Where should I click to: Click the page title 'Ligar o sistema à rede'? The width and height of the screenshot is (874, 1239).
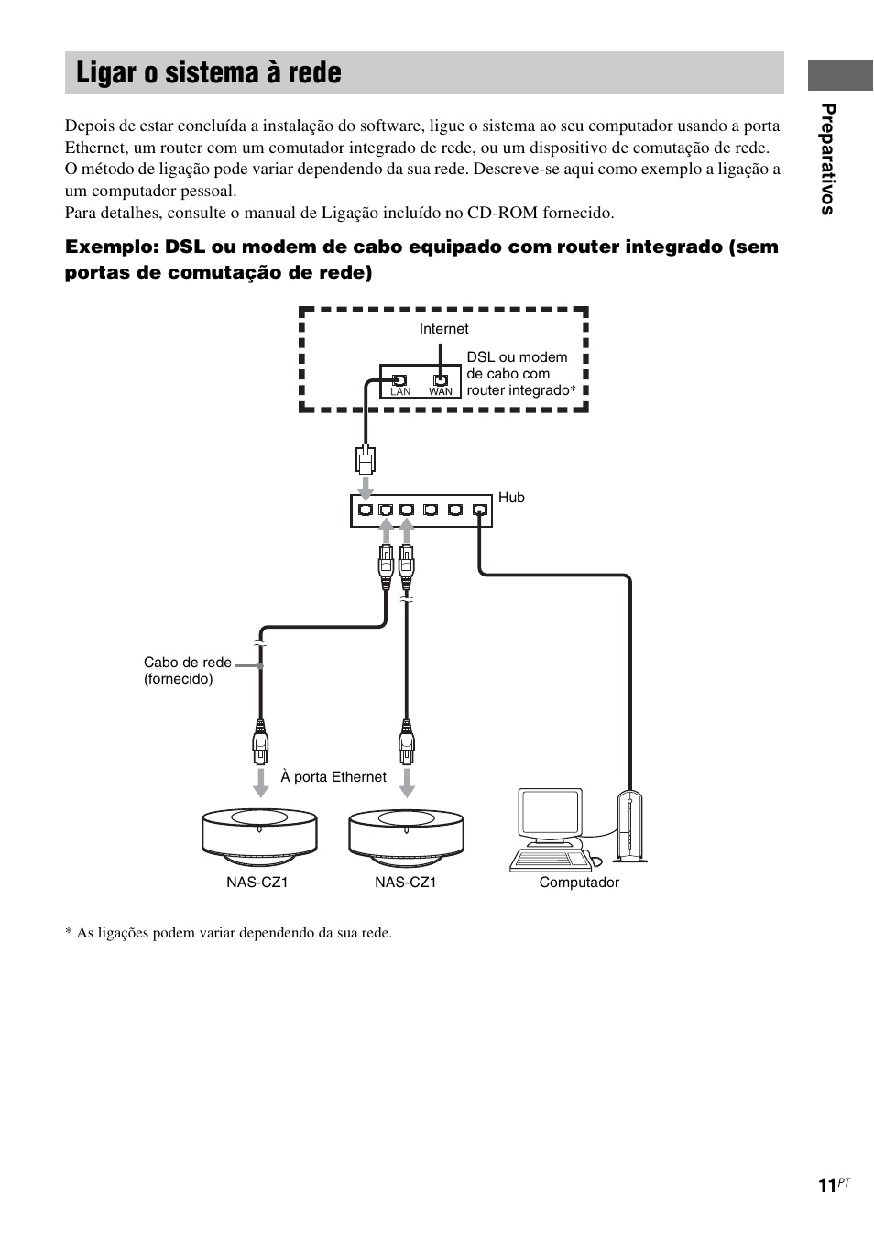tap(209, 73)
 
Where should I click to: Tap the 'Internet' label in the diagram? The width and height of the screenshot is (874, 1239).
tap(443, 329)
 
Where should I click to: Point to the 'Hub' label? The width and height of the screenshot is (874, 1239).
tap(511, 498)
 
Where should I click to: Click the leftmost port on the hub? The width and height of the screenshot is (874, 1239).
tap(366, 510)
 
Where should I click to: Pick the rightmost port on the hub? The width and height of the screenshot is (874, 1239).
tap(479, 510)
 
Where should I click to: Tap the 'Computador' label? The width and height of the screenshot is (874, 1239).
tap(579, 883)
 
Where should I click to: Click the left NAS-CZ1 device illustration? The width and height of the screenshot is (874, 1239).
tap(260, 834)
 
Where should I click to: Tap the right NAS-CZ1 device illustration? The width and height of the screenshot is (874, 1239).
tap(406, 834)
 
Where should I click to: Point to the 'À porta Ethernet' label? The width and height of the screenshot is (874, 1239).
tap(333, 777)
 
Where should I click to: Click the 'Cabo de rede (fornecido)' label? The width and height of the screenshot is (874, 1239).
tap(187, 671)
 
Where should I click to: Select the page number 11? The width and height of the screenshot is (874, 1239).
tap(827, 1186)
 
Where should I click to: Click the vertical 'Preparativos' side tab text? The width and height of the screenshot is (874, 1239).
tap(828, 160)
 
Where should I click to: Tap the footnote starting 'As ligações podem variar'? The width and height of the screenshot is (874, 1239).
tap(228, 933)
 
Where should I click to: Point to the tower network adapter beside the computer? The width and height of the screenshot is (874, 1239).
tap(630, 826)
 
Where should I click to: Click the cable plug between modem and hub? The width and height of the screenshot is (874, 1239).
tap(366, 457)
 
